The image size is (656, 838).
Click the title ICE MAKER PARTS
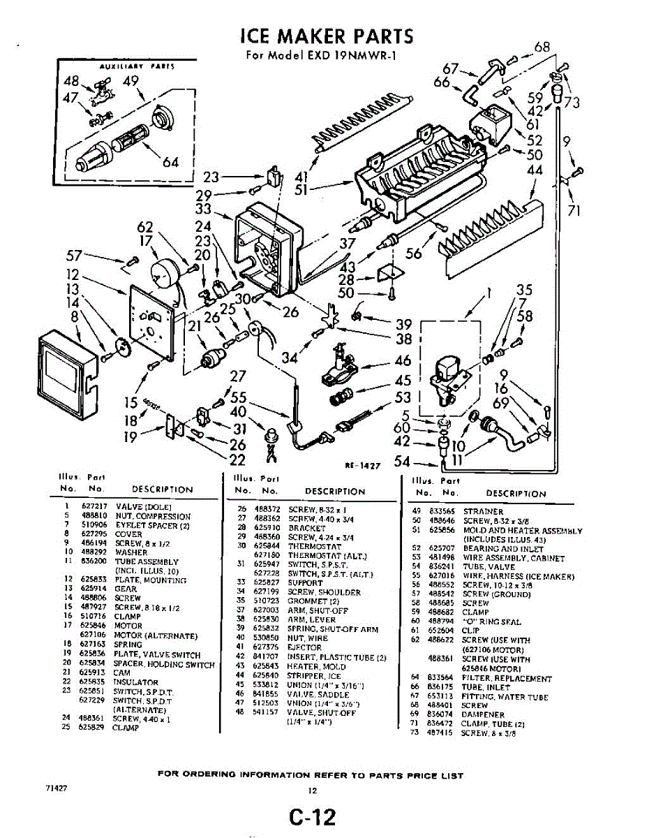point(326,36)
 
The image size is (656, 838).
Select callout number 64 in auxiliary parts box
point(171,163)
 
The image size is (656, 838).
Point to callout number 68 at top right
point(542,47)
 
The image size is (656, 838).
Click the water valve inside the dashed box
point(447,381)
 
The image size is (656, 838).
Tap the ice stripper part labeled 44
point(489,237)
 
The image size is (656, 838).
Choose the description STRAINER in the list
point(483,512)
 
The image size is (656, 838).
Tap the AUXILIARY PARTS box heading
point(127,66)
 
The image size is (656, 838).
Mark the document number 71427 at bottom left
point(56,788)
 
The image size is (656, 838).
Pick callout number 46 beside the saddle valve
point(403,361)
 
